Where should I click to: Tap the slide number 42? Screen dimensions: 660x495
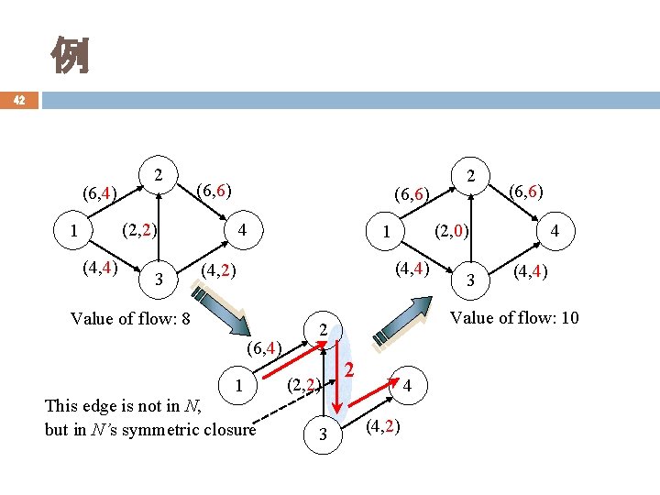19,100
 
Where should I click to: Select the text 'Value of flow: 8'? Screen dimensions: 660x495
130,319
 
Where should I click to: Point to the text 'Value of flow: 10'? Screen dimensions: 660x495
513,318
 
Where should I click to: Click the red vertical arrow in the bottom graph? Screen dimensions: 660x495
336,375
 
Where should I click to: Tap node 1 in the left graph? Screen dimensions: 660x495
73,230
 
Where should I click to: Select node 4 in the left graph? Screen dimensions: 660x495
240,230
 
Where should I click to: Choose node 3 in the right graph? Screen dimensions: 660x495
472,279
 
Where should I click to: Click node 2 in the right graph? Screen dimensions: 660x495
470,174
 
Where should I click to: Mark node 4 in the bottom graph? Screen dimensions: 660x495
406,386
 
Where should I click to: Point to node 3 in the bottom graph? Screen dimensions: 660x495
322,435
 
